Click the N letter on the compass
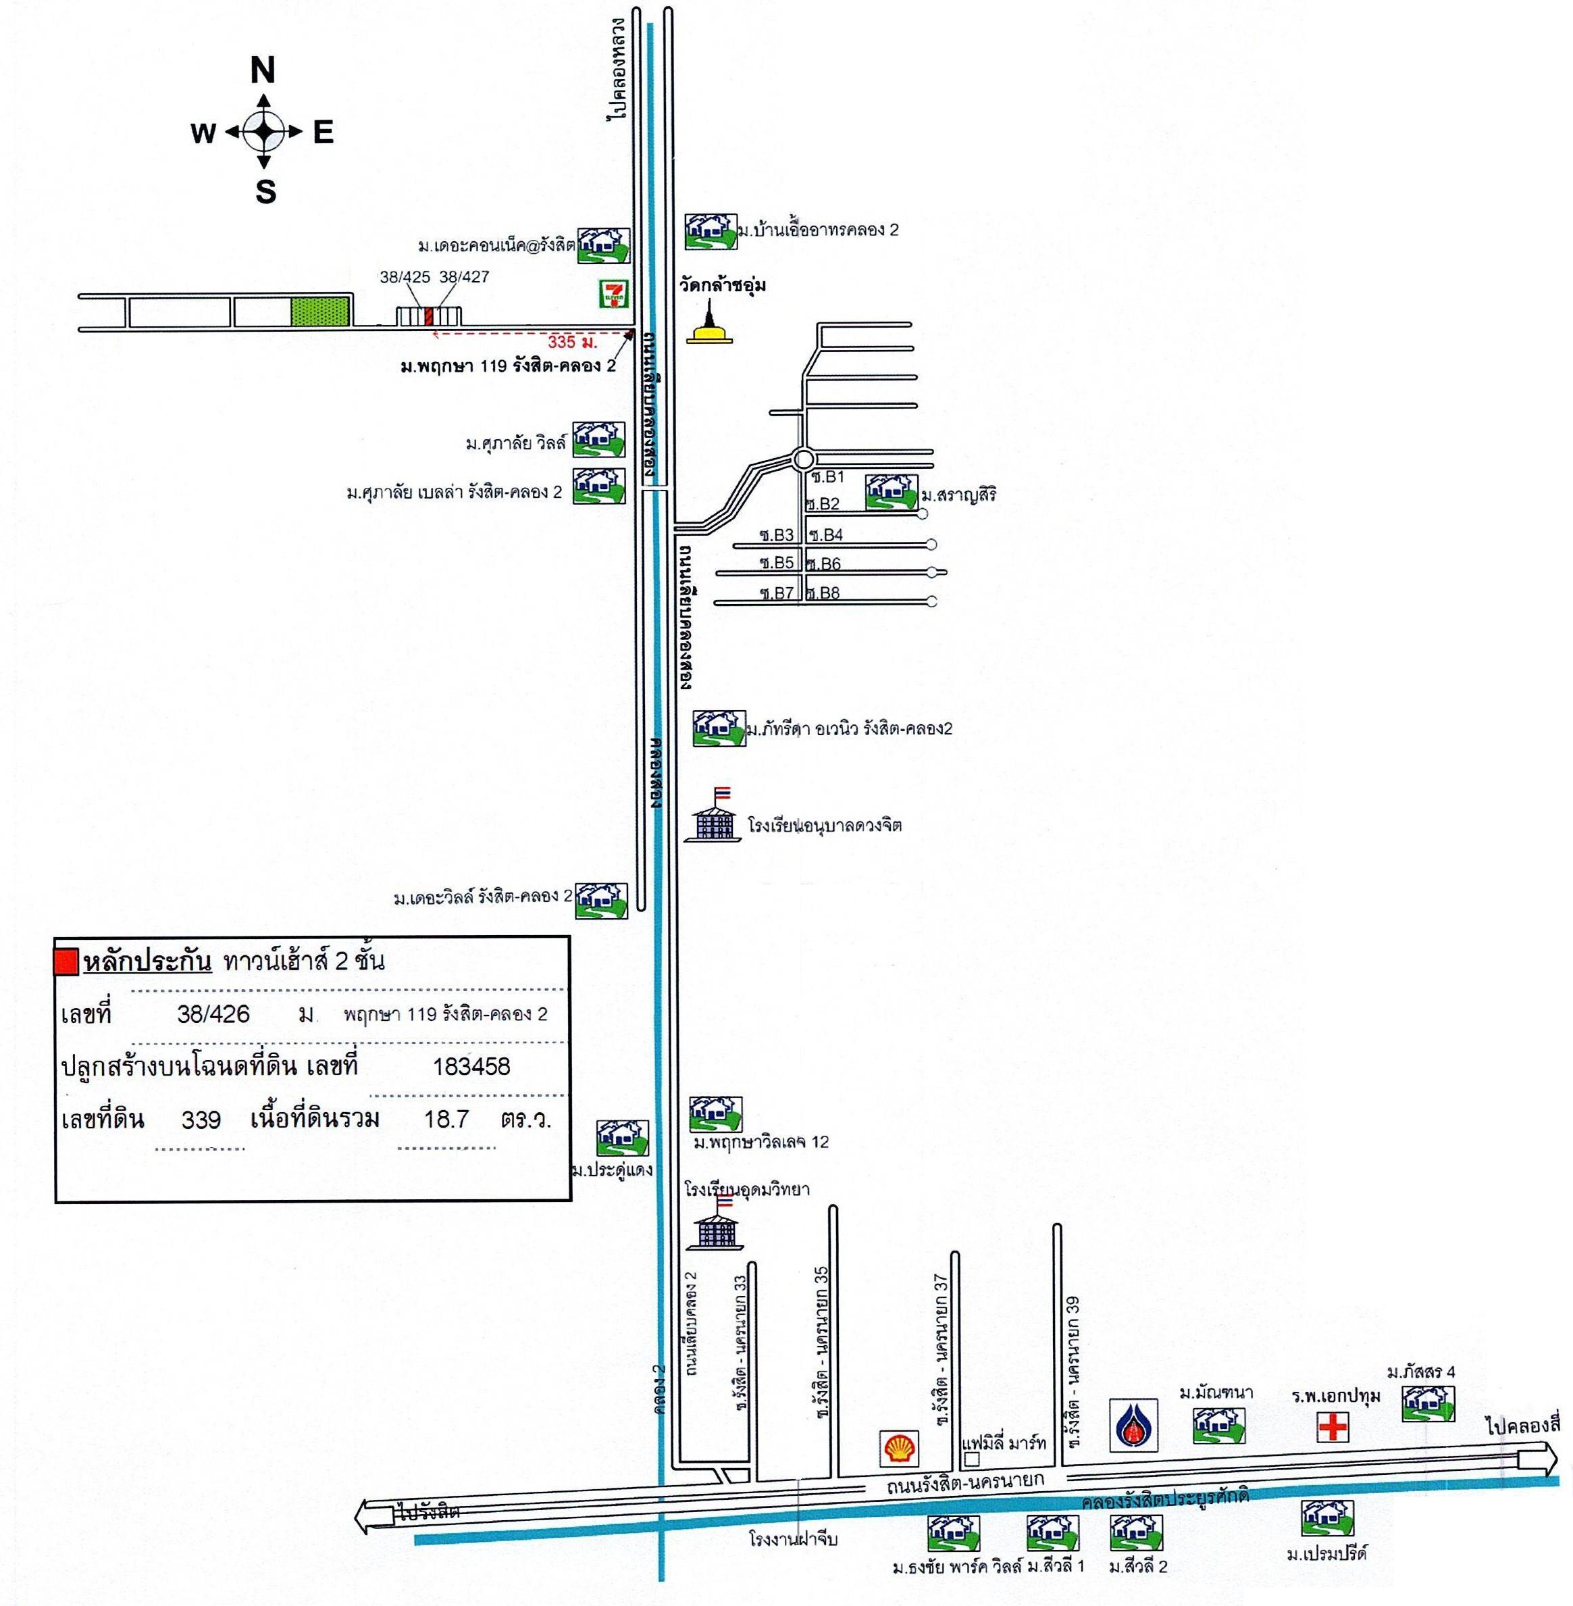[263, 71]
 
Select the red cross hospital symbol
[1333, 1427]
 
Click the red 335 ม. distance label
[571, 341]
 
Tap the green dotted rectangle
[321, 311]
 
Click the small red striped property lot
[429, 316]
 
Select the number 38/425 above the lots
[405, 277]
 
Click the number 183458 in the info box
[471, 1066]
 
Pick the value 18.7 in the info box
[446, 1119]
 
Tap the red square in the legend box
[66, 962]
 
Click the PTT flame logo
[1133, 1425]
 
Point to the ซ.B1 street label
[829, 477]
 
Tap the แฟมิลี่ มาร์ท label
[1004, 1443]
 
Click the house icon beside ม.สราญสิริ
[892, 493]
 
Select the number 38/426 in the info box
[213, 1014]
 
